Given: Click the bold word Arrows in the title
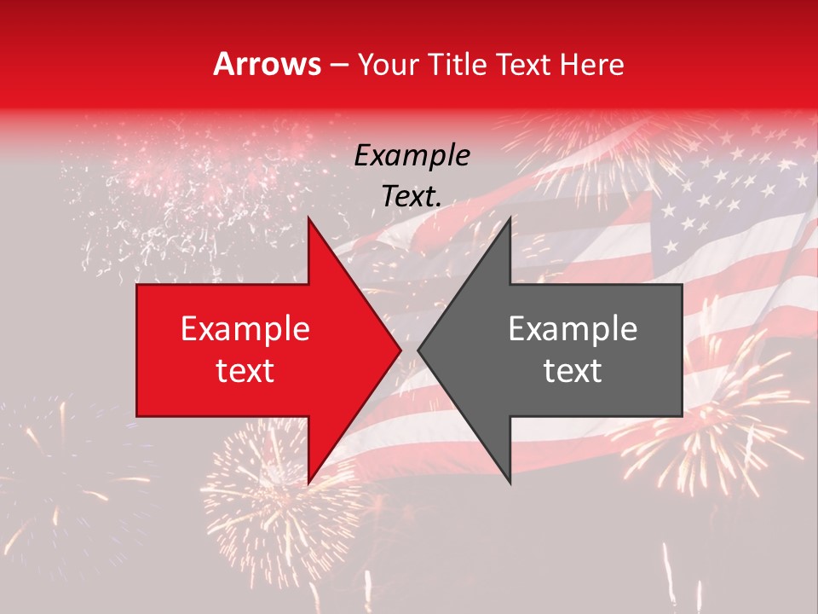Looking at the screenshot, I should pyautogui.click(x=268, y=64).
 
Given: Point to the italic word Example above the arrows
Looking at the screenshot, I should pyautogui.click(x=412, y=155).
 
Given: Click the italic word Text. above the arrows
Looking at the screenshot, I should pyautogui.click(x=412, y=196).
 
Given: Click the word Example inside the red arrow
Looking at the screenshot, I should pyautogui.click(x=245, y=329).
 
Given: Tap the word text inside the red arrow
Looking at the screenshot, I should pyautogui.click(x=245, y=370).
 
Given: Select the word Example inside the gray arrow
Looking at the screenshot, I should pyautogui.click(x=573, y=329).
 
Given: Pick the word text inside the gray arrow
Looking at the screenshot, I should pyautogui.click(x=573, y=370).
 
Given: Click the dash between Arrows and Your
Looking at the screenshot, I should pyautogui.click(x=338, y=66).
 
